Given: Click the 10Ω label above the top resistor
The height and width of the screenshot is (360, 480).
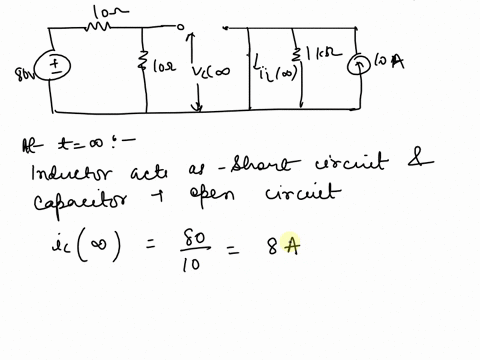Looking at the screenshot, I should pos(101,9).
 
